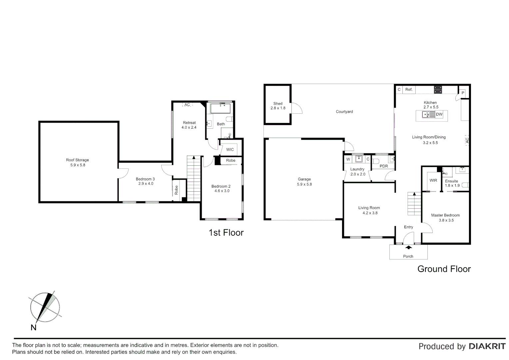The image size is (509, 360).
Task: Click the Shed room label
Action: [277, 104]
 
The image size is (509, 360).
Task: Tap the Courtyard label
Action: [344, 112]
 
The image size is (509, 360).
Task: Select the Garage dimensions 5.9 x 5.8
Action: [304, 184]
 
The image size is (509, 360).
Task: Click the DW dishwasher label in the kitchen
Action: [439, 114]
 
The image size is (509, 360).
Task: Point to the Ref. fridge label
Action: [409, 89]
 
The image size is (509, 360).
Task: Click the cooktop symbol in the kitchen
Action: [438, 89]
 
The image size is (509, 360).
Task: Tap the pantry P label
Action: [463, 93]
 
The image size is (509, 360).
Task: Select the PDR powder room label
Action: [384, 166]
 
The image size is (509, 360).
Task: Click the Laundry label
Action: [357, 169]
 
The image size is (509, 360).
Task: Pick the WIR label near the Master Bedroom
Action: [433, 180]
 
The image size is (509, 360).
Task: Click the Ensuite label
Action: [451, 181]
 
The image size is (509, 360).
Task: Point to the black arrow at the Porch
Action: [408, 247]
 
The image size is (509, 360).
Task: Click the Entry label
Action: [408, 227]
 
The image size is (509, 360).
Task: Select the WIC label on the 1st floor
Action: [230, 150]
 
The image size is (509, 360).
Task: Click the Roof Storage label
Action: [77, 160]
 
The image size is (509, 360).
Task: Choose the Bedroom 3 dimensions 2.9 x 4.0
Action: [146, 184]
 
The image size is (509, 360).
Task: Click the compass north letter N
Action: [33, 328]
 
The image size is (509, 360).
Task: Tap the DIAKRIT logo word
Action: [487, 346]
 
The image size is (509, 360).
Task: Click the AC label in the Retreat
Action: [187, 105]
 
